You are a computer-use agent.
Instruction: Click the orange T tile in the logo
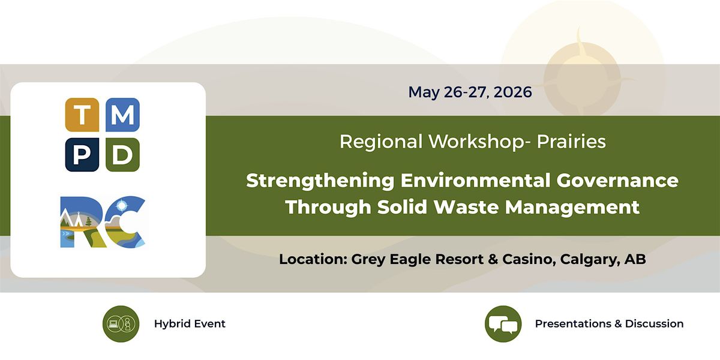click(82, 115)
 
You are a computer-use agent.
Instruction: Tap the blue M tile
click(122, 115)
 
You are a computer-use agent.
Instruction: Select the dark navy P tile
click(82, 155)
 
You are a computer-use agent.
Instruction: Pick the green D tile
click(122, 155)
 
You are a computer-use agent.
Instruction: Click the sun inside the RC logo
click(122, 205)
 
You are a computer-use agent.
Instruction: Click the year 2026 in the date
click(512, 92)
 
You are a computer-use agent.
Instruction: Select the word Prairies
click(571, 142)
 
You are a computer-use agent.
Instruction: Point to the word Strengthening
click(320, 181)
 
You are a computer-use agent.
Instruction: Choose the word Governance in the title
click(617, 181)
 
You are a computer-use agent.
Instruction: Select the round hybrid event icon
click(121, 323)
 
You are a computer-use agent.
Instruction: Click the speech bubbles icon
click(503, 323)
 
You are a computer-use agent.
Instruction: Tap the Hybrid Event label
click(190, 324)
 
